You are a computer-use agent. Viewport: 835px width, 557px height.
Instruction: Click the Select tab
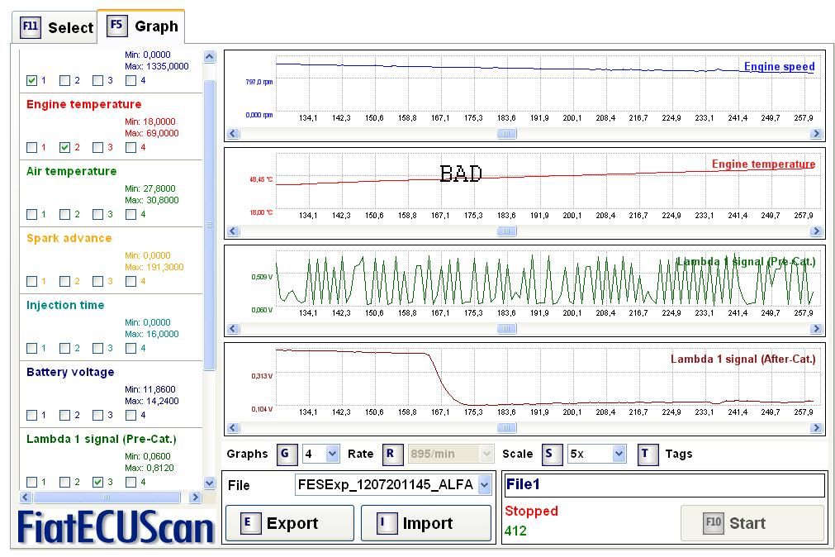(x=56, y=27)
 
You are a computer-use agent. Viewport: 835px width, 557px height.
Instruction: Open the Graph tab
(x=141, y=26)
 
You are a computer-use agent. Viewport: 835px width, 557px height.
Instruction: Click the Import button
(x=426, y=523)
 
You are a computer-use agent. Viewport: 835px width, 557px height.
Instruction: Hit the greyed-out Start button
(x=752, y=523)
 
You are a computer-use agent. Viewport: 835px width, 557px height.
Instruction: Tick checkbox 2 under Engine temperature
(x=64, y=148)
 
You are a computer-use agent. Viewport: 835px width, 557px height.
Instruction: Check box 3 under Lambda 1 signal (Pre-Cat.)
(x=97, y=482)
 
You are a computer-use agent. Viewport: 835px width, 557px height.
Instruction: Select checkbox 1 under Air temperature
(x=31, y=215)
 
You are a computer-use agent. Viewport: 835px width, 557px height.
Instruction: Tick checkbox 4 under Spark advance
(x=130, y=282)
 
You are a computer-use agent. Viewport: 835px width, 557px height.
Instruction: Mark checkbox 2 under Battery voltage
(x=64, y=416)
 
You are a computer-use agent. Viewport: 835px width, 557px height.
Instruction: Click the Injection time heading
(x=65, y=305)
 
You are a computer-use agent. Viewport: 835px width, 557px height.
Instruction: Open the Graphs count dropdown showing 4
(x=320, y=454)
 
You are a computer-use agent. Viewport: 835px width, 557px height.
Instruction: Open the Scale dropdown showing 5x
(x=595, y=454)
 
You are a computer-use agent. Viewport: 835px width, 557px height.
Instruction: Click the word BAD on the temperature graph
(x=461, y=174)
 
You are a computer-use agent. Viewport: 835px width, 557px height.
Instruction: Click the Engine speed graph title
(x=779, y=67)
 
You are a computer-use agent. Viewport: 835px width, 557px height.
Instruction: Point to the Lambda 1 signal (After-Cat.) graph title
(x=742, y=359)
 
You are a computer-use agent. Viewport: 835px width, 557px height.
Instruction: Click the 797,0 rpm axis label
(x=259, y=83)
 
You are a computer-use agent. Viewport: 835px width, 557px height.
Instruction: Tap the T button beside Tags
(x=648, y=454)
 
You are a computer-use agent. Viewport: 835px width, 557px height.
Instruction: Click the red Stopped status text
(x=531, y=512)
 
